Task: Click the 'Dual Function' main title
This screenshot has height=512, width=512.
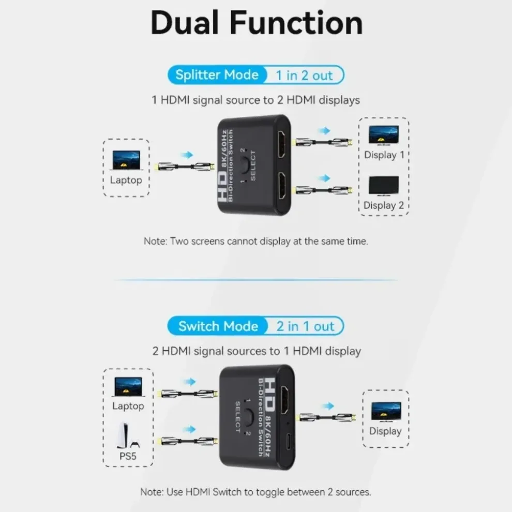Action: coord(256,23)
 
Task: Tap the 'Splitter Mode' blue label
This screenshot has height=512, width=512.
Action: coord(217,75)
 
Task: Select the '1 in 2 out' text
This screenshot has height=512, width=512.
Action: coord(304,76)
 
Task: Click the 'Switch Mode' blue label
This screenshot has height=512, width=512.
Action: coord(218,326)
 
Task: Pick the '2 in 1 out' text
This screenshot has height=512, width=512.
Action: coord(305,326)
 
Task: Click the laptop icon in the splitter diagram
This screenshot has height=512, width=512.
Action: coord(126,160)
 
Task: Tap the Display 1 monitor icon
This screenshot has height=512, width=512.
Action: coord(383,135)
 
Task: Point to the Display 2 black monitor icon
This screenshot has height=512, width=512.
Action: coord(383,186)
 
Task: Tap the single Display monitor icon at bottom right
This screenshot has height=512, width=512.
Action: coord(385,412)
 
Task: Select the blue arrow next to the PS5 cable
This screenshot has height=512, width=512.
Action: coord(190,429)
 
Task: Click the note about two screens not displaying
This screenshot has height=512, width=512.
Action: coord(255,242)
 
